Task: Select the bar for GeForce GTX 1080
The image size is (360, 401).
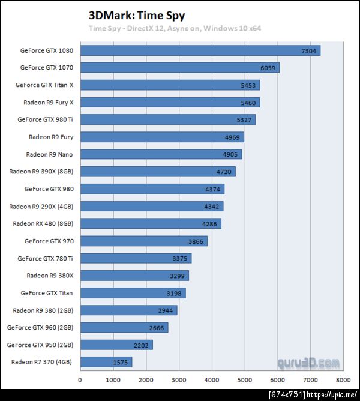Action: point(200,50)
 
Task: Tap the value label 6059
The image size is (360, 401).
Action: point(268,68)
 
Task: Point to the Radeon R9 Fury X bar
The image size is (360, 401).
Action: point(170,103)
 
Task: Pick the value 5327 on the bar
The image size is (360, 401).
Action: point(244,120)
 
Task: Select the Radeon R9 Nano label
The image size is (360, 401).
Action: point(49,155)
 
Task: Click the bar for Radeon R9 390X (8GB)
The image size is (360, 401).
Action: point(157,172)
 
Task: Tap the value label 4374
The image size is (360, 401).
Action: point(212,189)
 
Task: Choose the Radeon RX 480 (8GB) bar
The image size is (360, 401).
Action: point(151,224)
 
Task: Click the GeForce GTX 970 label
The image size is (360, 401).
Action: point(49,241)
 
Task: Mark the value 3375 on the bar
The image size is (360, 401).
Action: point(180,259)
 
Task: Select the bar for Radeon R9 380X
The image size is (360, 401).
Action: point(134,276)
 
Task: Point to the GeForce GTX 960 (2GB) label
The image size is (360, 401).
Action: point(40,328)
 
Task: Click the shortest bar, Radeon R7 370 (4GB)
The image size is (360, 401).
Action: point(106,362)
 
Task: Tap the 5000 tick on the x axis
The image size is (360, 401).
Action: point(245,380)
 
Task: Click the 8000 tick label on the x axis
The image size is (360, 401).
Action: point(343,380)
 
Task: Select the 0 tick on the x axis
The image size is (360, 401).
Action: point(80,380)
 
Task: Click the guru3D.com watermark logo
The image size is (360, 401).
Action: point(308,363)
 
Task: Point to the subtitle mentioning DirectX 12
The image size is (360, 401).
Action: point(175,28)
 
